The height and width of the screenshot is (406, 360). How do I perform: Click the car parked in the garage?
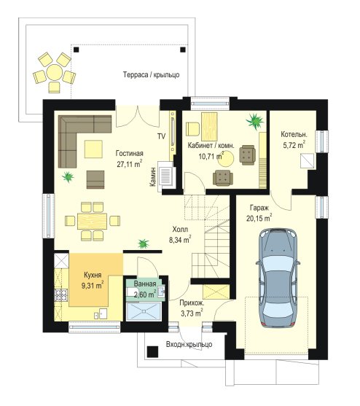pyautogui.click(x=278, y=278)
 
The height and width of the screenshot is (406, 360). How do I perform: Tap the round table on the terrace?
pyautogui.click(x=55, y=72)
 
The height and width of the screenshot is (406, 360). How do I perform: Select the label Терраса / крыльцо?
pyautogui.click(x=151, y=75)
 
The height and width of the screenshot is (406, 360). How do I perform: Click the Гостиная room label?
pyautogui.click(x=130, y=153)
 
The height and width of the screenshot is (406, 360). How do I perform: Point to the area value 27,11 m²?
pyautogui.click(x=130, y=164)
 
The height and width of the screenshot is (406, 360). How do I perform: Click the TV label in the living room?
pyautogui.click(x=162, y=136)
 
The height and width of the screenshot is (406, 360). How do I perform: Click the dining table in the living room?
pyautogui.click(x=92, y=221)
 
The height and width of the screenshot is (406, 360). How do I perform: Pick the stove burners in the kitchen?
pyautogui.click(x=61, y=295)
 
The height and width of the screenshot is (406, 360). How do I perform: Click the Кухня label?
pyautogui.click(x=93, y=275)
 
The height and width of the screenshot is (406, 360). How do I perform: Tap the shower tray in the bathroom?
pyautogui.click(x=144, y=311)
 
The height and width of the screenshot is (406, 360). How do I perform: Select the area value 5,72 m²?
pyautogui.click(x=294, y=144)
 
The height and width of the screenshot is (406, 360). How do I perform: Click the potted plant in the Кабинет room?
pyautogui.click(x=254, y=121)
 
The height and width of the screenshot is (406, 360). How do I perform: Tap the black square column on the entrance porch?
pyautogui.click(x=153, y=352)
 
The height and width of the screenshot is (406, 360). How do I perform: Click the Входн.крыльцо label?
pyautogui.click(x=189, y=345)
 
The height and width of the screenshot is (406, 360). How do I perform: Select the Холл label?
pyautogui.click(x=180, y=230)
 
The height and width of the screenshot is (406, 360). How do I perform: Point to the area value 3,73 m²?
pyautogui.click(x=192, y=313)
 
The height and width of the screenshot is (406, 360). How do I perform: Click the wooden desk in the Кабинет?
pyautogui.click(x=209, y=127)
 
